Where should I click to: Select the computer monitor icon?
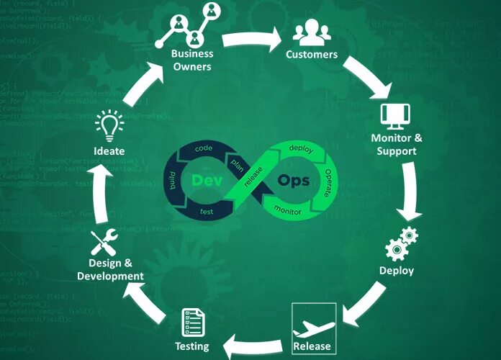coord(395,116)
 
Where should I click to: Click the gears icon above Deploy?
coord(401,243)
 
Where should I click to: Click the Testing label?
coord(191,346)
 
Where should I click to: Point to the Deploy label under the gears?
coord(397,271)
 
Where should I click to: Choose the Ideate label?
coord(109,151)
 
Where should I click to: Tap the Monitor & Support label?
coord(396,145)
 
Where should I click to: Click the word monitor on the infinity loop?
coord(288,210)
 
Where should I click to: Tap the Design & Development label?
coord(111,269)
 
